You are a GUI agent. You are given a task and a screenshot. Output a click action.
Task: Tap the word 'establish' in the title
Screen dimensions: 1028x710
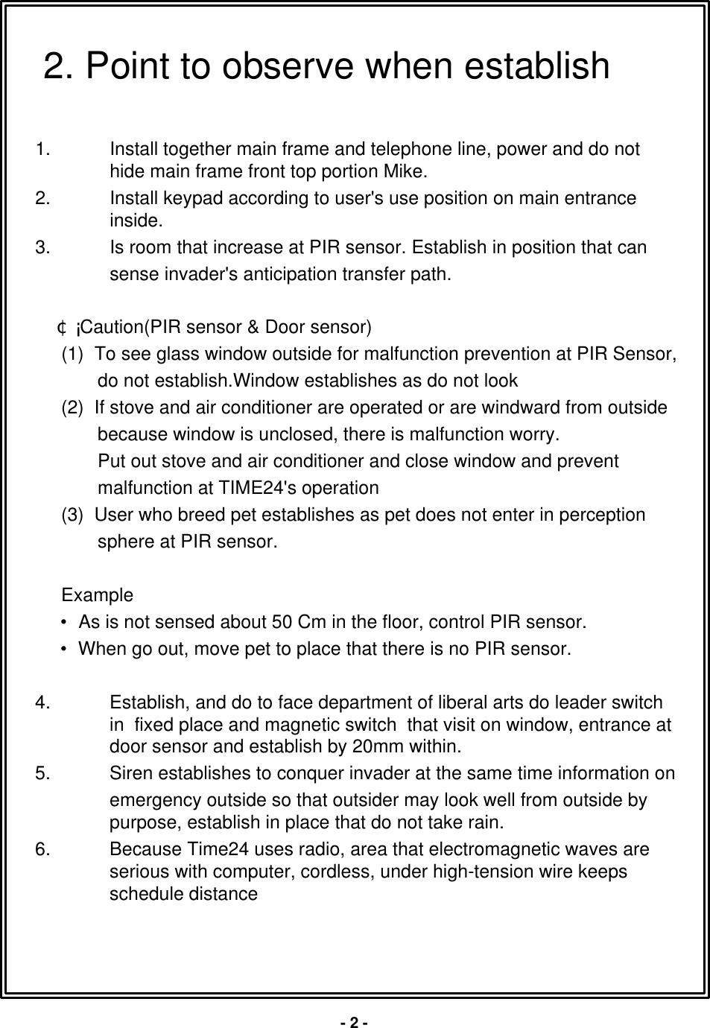point(536,66)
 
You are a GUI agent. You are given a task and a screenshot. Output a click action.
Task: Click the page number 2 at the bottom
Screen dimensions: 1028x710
point(355,1022)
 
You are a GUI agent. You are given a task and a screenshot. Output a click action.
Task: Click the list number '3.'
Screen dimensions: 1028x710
point(43,247)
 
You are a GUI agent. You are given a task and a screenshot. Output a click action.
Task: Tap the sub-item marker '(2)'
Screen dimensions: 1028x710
point(73,408)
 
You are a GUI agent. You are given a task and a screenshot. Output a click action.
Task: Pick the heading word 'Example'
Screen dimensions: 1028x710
point(98,596)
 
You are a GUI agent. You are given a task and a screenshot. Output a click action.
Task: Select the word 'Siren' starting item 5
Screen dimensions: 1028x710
point(128,774)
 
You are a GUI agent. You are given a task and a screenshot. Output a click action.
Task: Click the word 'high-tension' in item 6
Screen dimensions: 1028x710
point(462,872)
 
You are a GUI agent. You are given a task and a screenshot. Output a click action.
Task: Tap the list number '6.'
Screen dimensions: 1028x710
point(43,850)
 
